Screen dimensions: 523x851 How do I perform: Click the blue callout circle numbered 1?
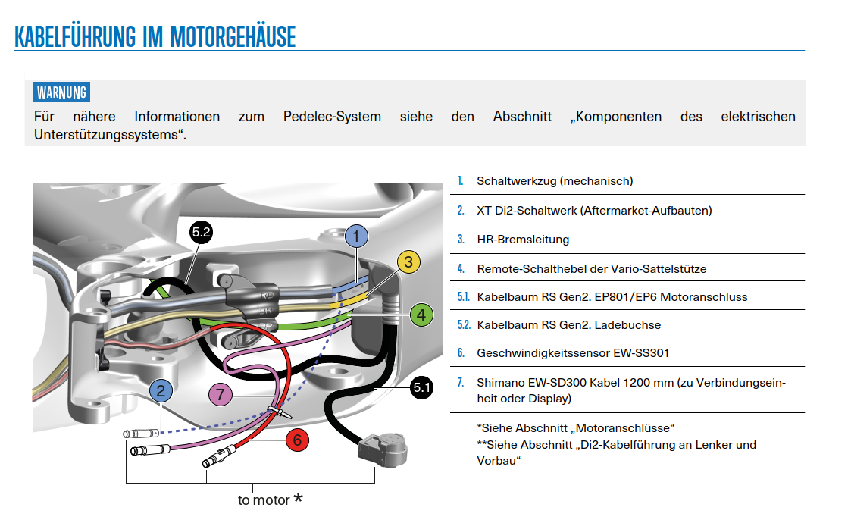click(356, 236)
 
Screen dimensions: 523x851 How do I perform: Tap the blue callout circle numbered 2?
click(161, 391)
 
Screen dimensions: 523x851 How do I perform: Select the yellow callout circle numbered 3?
click(408, 262)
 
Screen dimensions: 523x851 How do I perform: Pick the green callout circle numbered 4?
click(421, 314)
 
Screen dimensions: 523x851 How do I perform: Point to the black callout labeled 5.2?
click(201, 233)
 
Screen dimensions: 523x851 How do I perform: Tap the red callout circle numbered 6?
click(297, 439)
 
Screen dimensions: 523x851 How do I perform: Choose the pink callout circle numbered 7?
click(220, 394)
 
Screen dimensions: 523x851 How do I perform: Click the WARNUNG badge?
click(61, 93)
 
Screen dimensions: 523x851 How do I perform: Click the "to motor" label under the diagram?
click(264, 500)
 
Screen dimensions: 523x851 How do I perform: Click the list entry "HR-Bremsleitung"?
click(523, 240)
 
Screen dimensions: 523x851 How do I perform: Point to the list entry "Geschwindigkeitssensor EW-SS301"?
click(573, 353)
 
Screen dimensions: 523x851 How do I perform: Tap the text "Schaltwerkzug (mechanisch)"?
click(555, 181)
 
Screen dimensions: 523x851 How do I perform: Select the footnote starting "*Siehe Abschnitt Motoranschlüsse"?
click(576, 428)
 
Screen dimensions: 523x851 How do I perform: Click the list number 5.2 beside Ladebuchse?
click(463, 325)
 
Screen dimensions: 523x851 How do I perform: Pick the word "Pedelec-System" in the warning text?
click(332, 117)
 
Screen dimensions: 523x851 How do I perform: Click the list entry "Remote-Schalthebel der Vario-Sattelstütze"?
click(591, 268)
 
